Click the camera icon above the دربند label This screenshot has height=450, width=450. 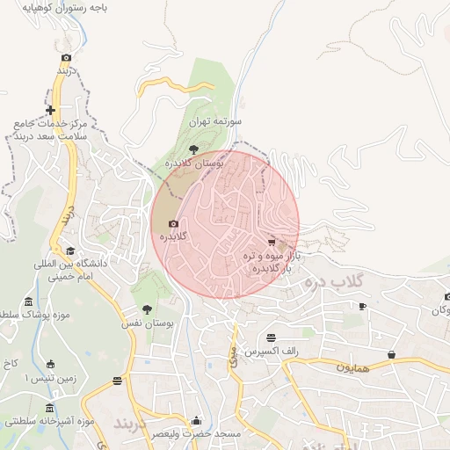[66, 57]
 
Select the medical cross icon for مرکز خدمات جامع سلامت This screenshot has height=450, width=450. [52, 111]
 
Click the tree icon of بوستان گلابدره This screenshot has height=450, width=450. [193, 149]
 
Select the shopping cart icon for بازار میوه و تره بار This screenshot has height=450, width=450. [271, 242]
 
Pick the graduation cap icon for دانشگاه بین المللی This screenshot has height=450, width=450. [70, 251]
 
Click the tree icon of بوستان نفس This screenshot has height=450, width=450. [147, 309]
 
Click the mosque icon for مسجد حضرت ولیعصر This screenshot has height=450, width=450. [196, 421]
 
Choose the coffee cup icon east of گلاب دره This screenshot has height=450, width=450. [362, 306]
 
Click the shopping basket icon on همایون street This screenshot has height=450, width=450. [391, 354]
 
